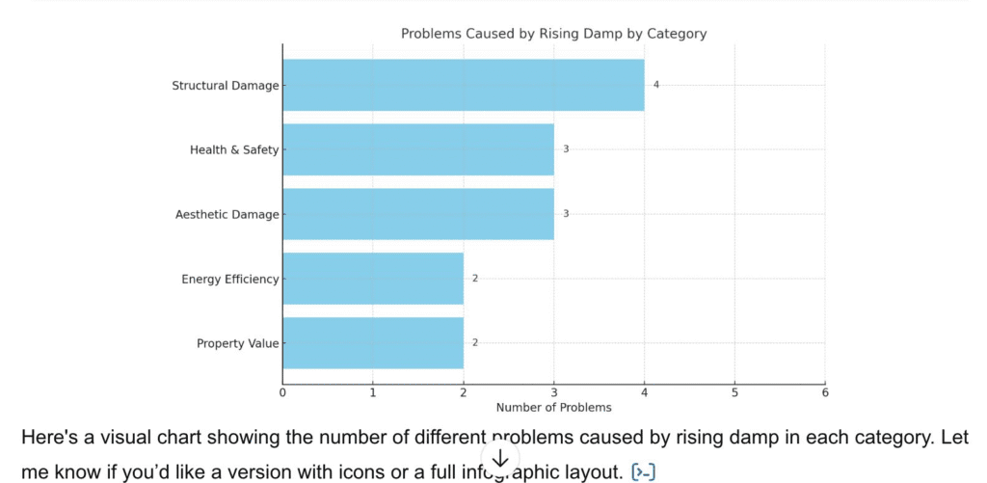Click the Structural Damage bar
[463, 85]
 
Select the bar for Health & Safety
[417, 149]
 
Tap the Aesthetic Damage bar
[417, 214]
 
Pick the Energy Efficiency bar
[372, 279]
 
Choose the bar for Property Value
[372, 343]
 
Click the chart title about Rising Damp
[553, 34]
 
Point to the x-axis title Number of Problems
[553, 408]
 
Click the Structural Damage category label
[225, 86]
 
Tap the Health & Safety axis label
[234, 149]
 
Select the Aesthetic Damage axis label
[227, 214]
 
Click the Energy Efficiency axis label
[229, 280]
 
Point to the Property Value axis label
[237, 343]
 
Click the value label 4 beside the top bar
[656, 85]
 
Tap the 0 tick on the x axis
[282, 392]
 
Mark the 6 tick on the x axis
[825, 392]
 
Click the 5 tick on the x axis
[734, 392]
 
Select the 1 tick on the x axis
[373, 392]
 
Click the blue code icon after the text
[643, 471]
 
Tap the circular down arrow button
[500, 459]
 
